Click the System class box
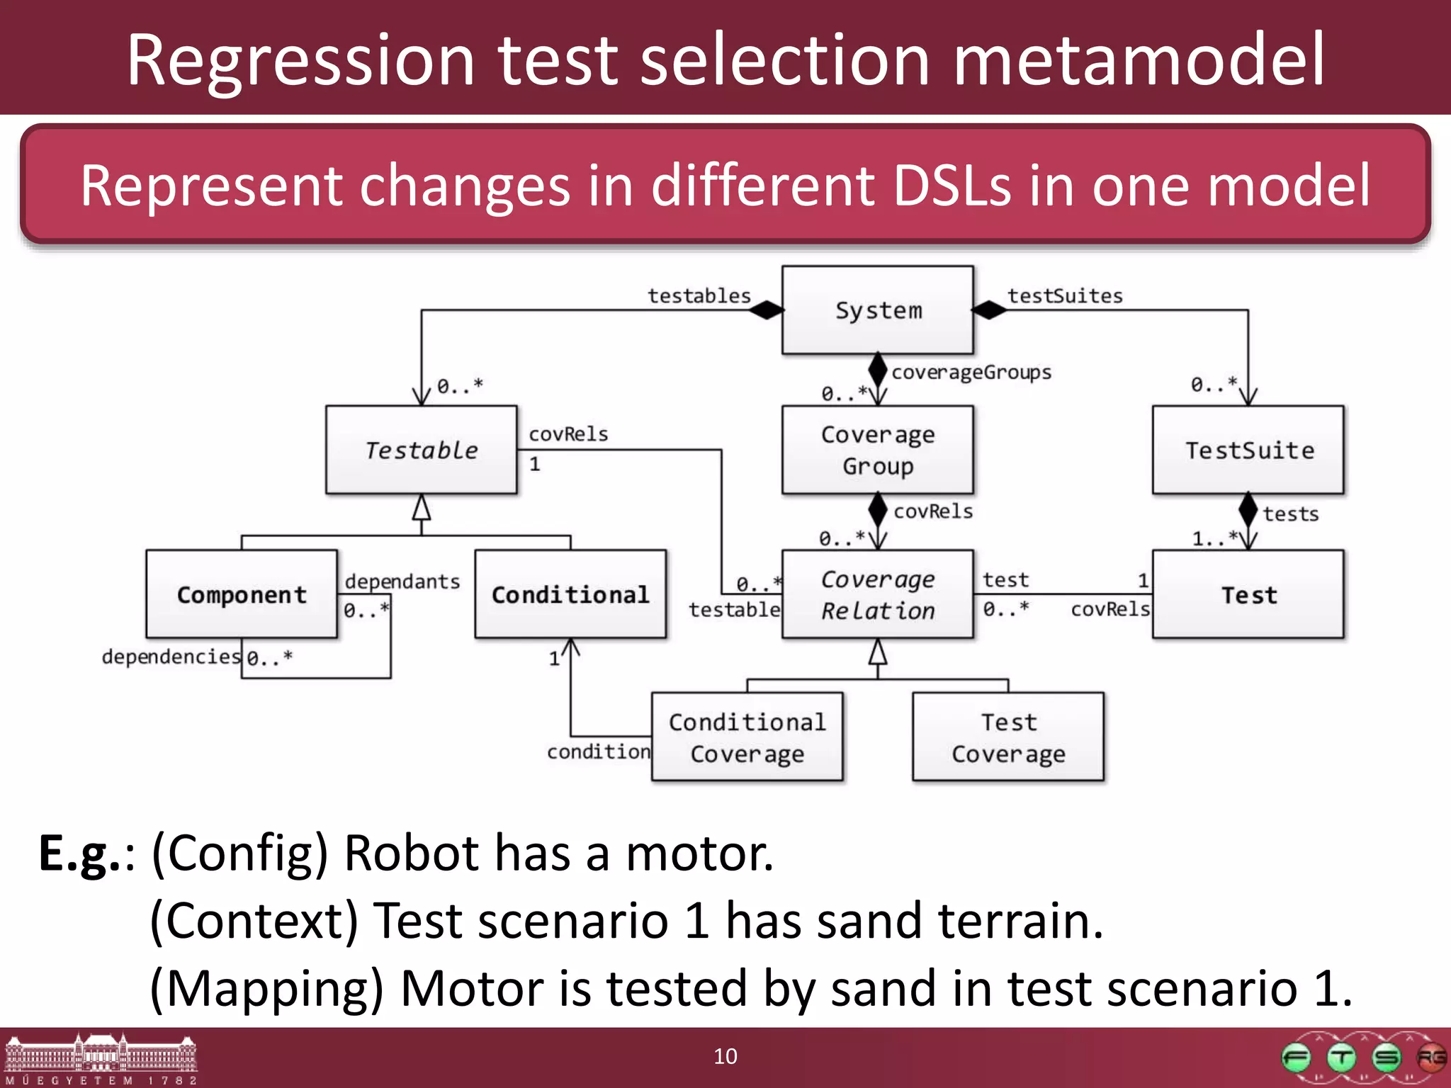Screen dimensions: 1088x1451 pos(877,310)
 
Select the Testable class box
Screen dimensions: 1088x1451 pos(422,450)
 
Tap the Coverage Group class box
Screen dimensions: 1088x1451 pos(877,450)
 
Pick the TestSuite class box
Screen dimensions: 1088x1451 pos(1248,450)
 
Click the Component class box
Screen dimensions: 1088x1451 pos(242,594)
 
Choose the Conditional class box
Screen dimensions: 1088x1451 pos(570,594)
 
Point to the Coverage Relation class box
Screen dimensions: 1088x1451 pos(877,594)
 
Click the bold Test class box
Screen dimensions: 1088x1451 pos(1248,594)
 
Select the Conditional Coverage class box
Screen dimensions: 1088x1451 pos(747,737)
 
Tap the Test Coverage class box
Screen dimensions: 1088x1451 pos(1007,737)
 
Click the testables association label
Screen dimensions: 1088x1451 pos(699,296)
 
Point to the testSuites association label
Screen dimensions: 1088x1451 pos(1065,296)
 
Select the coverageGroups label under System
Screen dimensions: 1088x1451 pos(971,373)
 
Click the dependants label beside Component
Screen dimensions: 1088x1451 pos(402,582)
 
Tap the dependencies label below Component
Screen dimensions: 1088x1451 pos(171,657)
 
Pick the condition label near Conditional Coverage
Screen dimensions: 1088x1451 pos(598,752)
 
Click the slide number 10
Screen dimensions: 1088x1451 pos(725,1056)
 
